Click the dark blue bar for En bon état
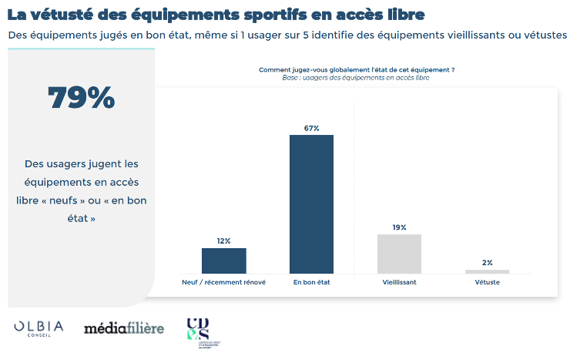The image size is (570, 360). [311, 204]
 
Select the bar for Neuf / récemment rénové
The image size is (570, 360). [223, 261]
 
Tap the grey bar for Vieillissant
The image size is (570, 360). [399, 254]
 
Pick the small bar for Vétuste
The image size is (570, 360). [487, 271]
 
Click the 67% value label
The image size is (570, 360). [311, 128]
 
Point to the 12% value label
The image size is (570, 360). [223, 241]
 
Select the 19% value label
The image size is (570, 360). [399, 227]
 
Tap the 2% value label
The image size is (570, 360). [487, 263]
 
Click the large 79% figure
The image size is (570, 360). [81, 97]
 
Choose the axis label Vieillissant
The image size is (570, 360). [399, 283]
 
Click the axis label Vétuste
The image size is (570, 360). [487, 283]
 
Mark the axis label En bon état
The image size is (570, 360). [311, 283]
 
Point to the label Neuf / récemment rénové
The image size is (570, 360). [223, 283]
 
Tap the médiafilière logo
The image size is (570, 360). [124, 329]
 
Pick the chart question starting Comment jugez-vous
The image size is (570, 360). [356, 70]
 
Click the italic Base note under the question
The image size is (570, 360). [356, 78]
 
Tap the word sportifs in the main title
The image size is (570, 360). [294, 14]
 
